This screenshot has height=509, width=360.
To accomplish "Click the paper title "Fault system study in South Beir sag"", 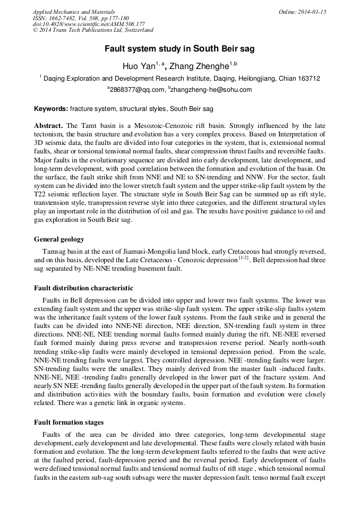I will pyautogui.click(x=179, y=49).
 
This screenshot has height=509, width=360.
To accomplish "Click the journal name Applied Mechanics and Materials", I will pyautogui.click(x=74, y=11).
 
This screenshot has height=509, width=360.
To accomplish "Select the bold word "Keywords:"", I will pyautogui.click(x=51, y=109).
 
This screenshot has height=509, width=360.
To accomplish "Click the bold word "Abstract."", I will pyautogui.click(x=49, y=126).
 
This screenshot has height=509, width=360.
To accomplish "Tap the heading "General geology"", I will pyautogui.click(x=59, y=239).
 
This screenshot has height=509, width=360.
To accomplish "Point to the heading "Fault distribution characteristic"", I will pyautogui.click(x=84, y=288).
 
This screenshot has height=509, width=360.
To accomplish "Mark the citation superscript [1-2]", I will pyautogui.click(x=244, y=258).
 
